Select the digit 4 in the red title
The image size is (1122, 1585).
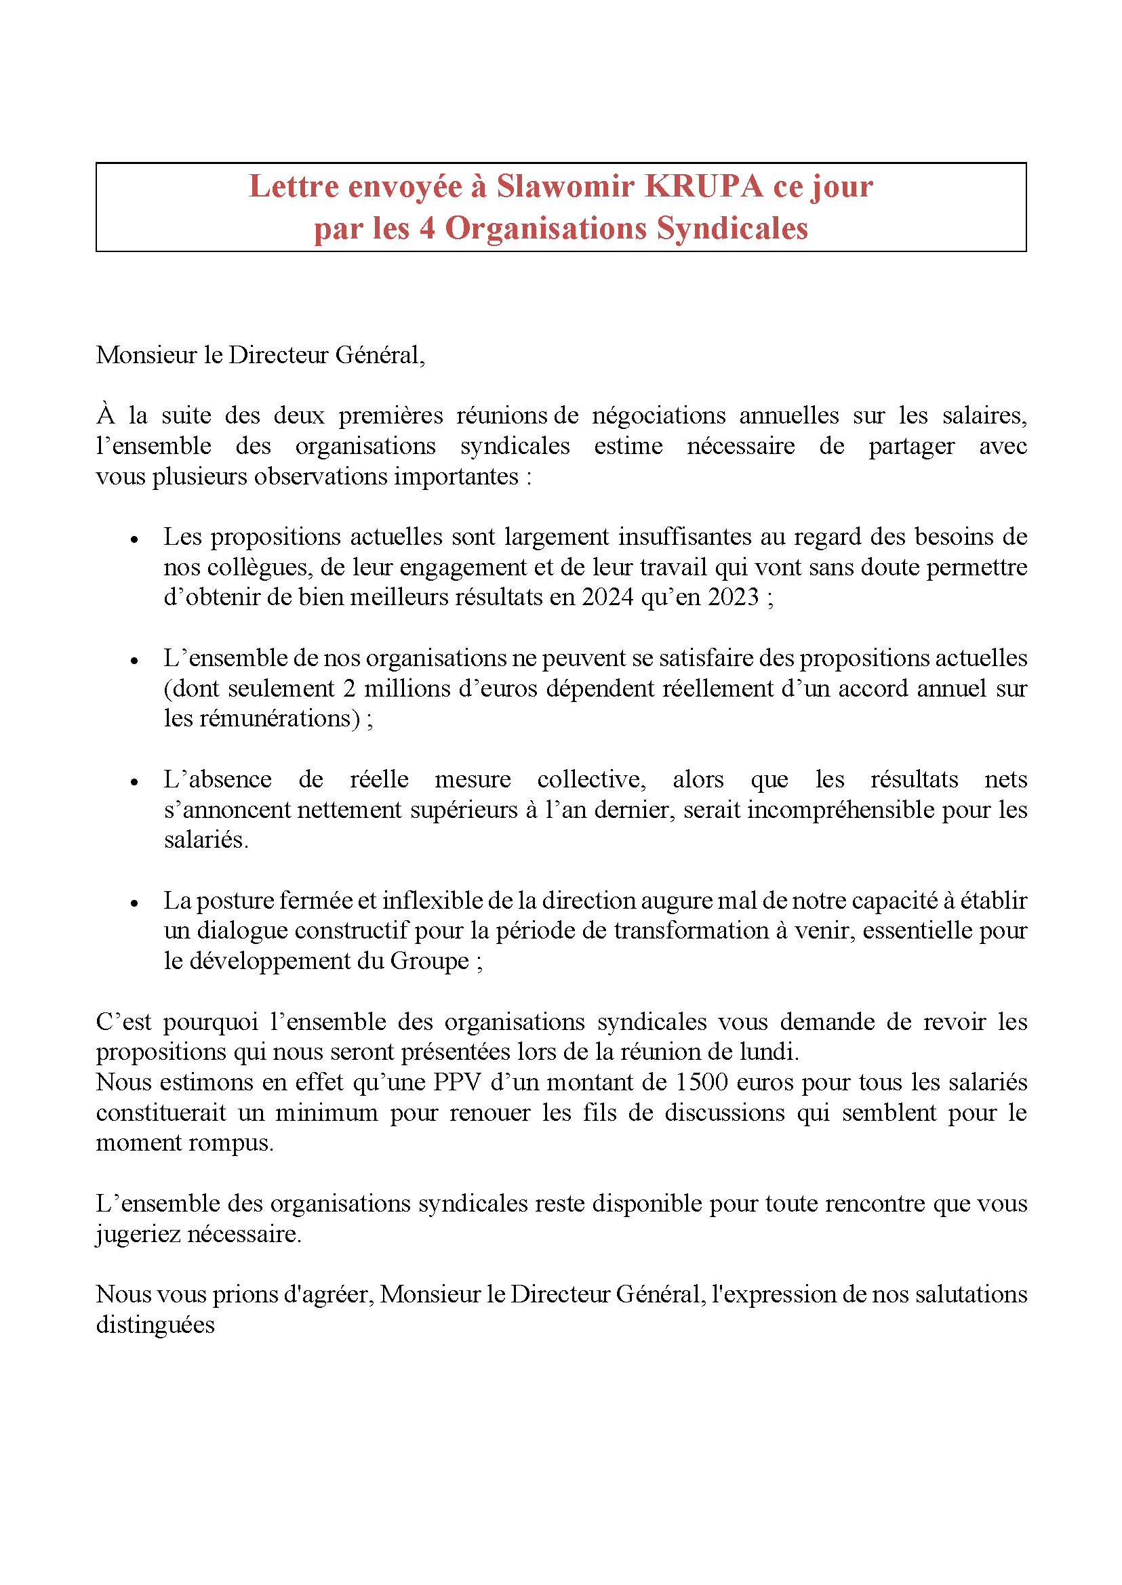(427, 228)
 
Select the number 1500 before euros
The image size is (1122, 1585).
(701, 1082)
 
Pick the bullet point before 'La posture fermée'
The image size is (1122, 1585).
(135, 903)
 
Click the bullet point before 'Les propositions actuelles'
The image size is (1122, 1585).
(135, 539)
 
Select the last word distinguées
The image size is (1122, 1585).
(155, 1325)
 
